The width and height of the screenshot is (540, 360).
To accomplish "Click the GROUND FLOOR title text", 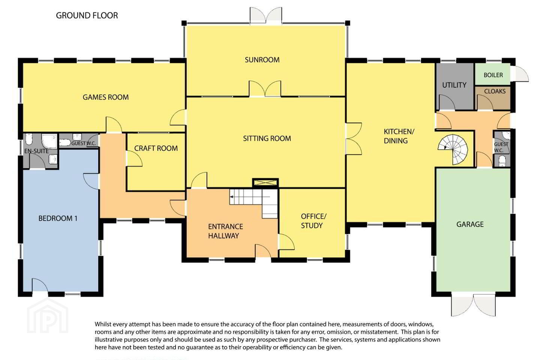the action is click(x=87, y=15).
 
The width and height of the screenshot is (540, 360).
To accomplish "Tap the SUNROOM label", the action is click(x=262, y=60).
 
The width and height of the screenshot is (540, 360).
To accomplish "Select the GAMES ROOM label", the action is click(x=106, y=97).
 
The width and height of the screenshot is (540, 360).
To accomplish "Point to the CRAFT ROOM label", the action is click(x=156, y=148).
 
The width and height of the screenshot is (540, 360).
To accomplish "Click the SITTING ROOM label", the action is click(x=267, y=138).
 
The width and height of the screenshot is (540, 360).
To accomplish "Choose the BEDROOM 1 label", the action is click(x=58, y=218).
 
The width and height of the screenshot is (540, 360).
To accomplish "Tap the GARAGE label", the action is click(x=470, y=224).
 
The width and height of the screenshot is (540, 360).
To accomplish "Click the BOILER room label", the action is click(x=493, y=75).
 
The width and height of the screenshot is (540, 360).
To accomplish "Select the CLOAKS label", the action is click(x=495, y=91).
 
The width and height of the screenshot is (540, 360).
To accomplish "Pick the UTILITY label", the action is click(x=454, y=85).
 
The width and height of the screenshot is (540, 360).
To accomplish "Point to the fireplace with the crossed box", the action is click(x=265, y=183).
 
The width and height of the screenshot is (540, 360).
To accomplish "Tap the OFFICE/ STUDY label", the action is click(x=313, y=220).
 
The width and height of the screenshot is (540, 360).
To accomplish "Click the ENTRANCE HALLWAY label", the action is click(x=225, y=231).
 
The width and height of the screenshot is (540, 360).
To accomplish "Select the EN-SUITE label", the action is click(x=36, y=151).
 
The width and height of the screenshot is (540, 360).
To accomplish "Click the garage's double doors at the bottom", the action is click(x=473, y=305).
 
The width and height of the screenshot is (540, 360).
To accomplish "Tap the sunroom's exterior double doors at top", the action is click(x=266, y=15).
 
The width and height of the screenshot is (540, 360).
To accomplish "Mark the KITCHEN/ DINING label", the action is click(x=399, y=136).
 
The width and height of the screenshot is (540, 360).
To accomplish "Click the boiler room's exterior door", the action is click(x=520, y=73).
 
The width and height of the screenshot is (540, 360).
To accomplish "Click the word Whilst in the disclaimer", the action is click(x=103, y=324).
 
